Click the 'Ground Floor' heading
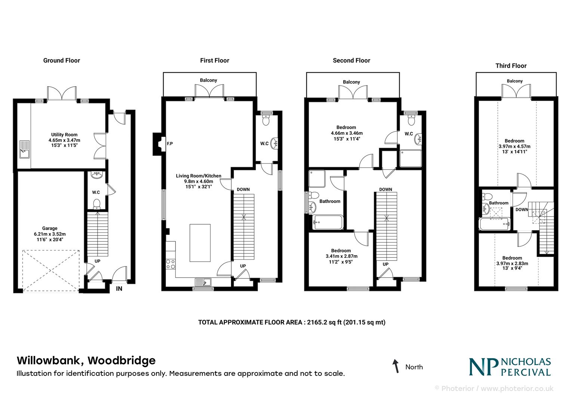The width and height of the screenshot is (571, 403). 61,60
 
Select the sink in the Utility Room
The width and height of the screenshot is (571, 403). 25,149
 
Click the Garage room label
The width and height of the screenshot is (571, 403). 50,228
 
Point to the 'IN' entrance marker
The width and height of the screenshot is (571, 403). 119,288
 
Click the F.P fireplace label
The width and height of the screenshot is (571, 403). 170,144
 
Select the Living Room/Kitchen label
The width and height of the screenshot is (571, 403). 198,176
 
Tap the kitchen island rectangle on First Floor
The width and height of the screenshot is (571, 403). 200,243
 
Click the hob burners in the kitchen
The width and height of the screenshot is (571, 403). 171,264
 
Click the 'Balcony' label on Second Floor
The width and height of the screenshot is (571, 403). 351,82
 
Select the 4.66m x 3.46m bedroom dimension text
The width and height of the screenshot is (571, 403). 346,133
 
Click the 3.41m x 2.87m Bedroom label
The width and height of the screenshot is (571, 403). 341,251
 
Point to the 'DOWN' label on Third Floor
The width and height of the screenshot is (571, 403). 522,210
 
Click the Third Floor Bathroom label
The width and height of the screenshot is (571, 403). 499,203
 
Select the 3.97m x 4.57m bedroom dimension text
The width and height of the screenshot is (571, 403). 514,146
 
